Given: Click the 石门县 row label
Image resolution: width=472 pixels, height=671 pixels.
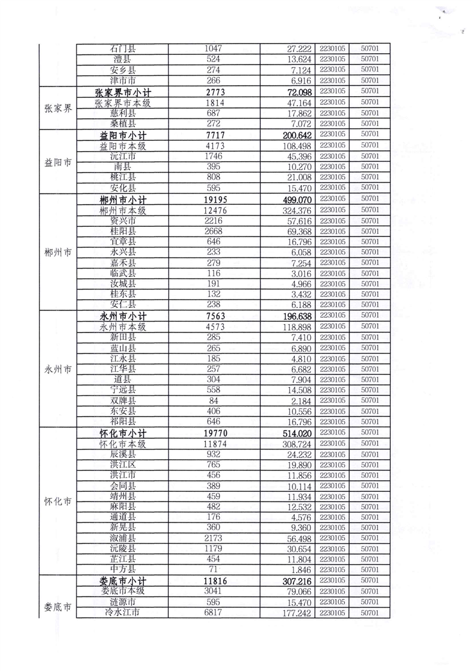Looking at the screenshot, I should (x=123, y=48).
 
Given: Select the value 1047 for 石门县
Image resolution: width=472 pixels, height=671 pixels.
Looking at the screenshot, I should (x=213, y=48).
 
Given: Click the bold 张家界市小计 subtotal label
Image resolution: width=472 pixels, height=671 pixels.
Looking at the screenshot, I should (x=123, y=92).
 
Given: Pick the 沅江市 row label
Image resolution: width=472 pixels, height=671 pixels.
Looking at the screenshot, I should (x=123, y=156).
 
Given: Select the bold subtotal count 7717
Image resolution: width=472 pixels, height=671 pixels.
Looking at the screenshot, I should (x=213, y=134).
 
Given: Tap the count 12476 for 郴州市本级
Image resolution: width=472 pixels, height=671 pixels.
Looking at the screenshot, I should (x=213, y=209).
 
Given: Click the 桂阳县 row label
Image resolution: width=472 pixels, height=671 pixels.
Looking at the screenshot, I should (x=123, y=230).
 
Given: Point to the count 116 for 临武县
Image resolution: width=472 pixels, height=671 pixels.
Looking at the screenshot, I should (x=213, y=273).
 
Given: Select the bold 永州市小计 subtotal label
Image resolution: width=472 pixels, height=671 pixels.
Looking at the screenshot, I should (x=123, y=316).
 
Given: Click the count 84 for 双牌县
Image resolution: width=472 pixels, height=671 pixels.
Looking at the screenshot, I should (x=213, y=401).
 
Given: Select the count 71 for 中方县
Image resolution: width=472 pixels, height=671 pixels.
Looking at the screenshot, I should (x=213, y=570).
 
